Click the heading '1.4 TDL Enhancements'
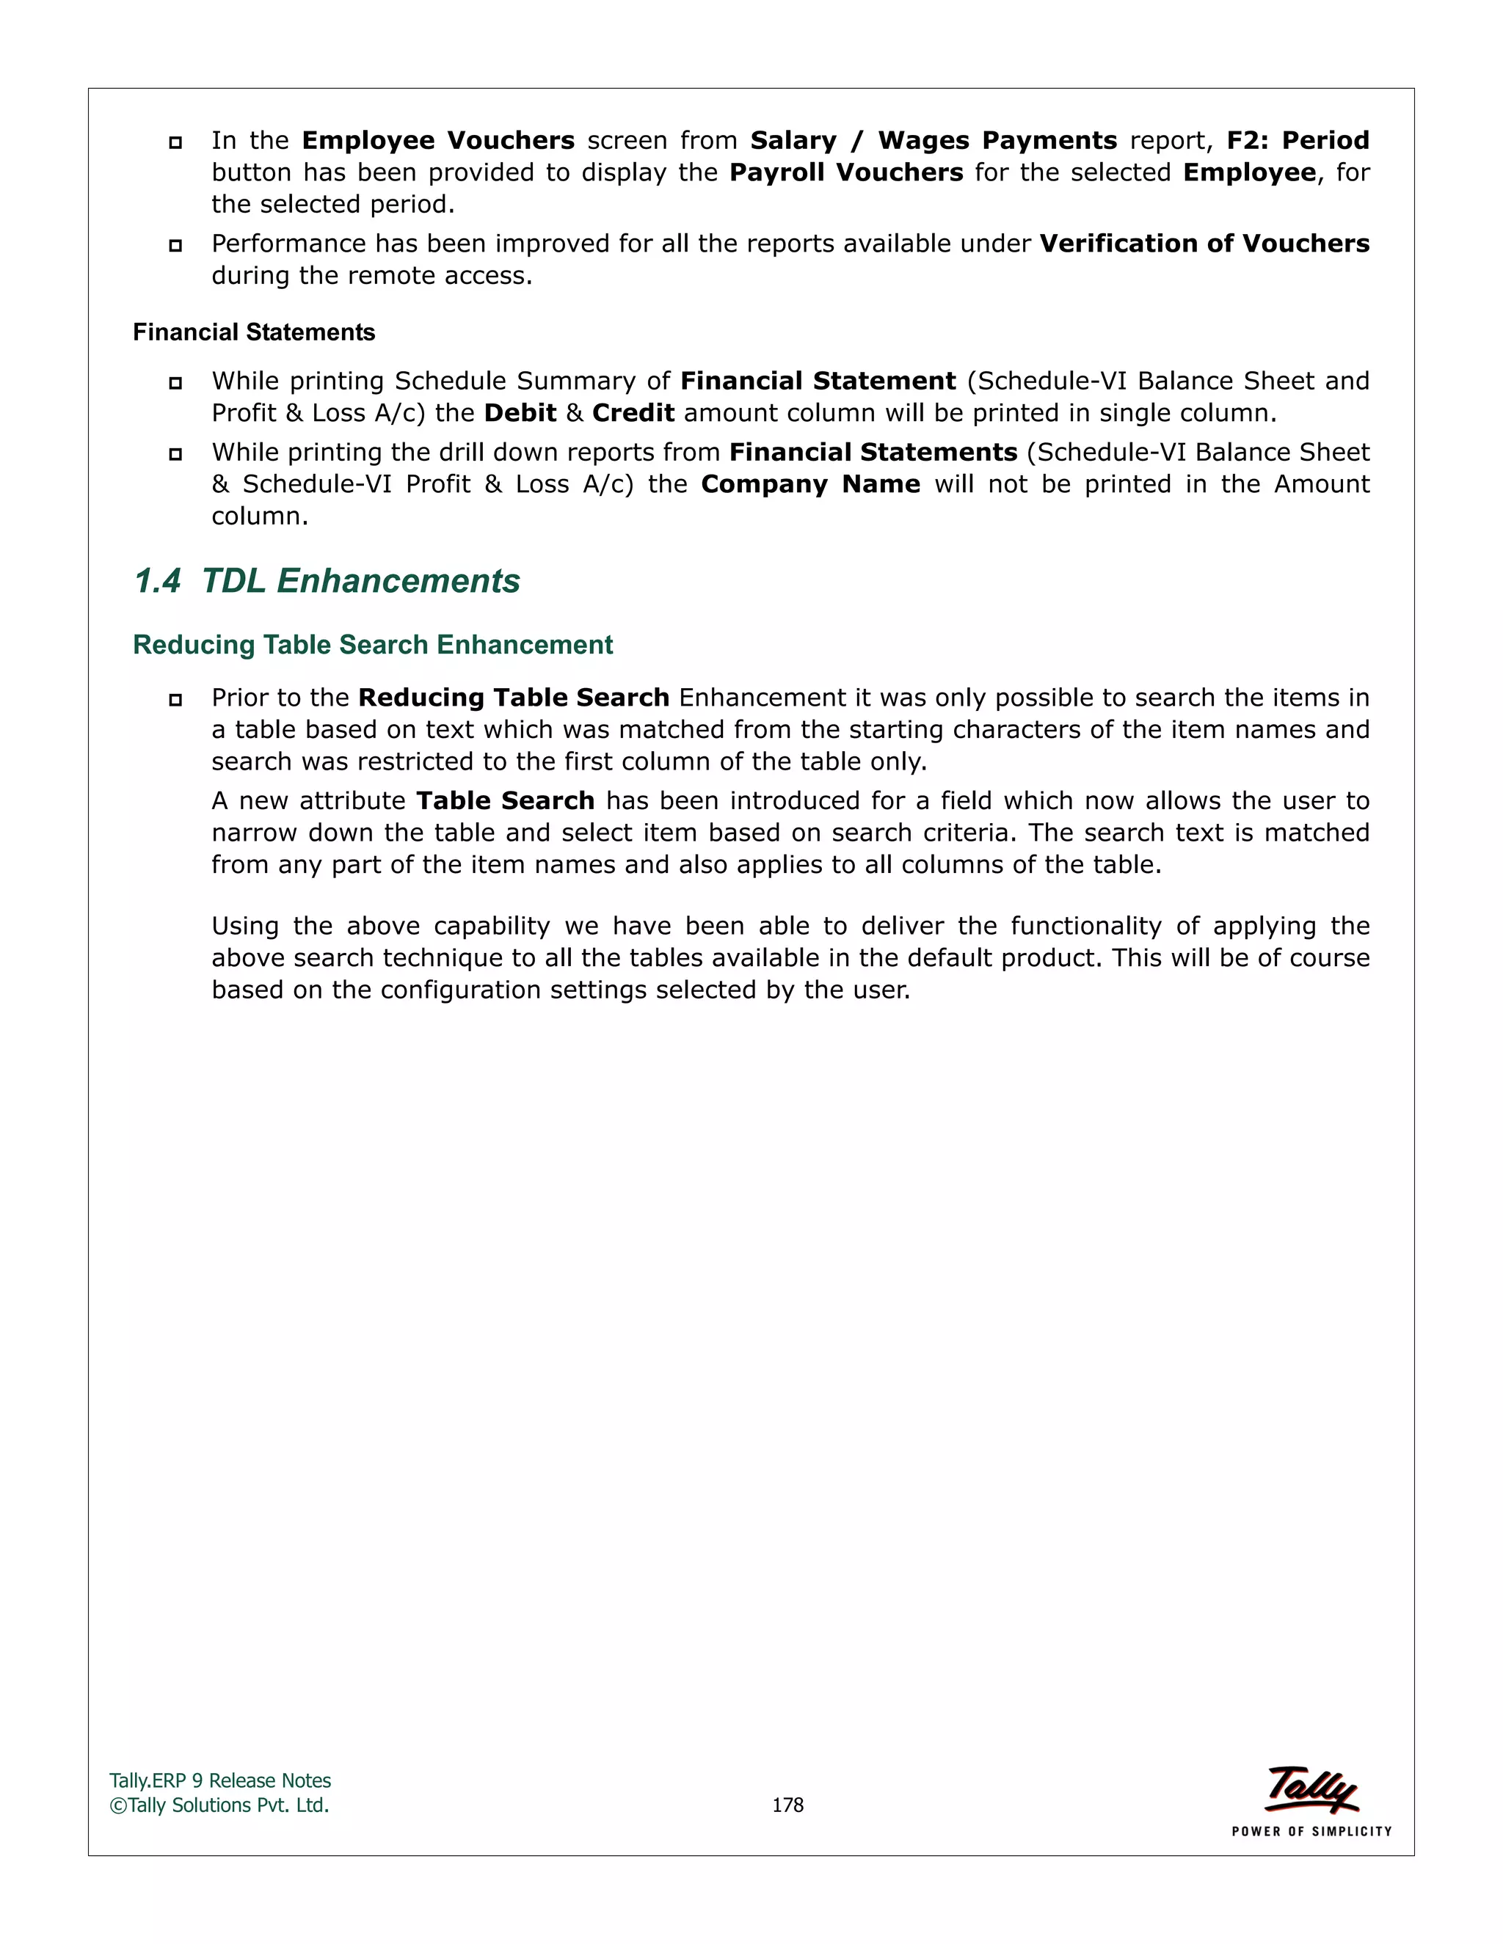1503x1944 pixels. click(327, 581)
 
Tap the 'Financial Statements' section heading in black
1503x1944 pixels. click(254, 332)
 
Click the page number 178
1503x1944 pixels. click(787, 1805)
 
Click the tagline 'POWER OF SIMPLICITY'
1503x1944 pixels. click(1311, 1832)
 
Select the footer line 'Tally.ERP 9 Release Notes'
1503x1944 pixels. click(220, 1781)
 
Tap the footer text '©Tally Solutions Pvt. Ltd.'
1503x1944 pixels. click(219, 1805)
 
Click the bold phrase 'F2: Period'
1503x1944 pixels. click(1298, 141)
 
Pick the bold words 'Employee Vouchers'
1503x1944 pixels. click(438, 141)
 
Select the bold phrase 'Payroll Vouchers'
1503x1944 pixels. click(846, 172)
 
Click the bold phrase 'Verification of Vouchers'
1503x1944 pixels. click(1204, 244)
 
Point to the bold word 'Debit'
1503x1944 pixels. click(520, 413)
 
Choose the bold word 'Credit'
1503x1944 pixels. click(633, 413)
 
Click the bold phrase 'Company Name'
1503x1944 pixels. click(810, 484)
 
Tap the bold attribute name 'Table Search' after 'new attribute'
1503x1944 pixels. click(505, 801)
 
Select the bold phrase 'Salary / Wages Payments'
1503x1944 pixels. click(934, 141)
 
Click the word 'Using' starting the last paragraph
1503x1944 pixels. click(245, 927)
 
